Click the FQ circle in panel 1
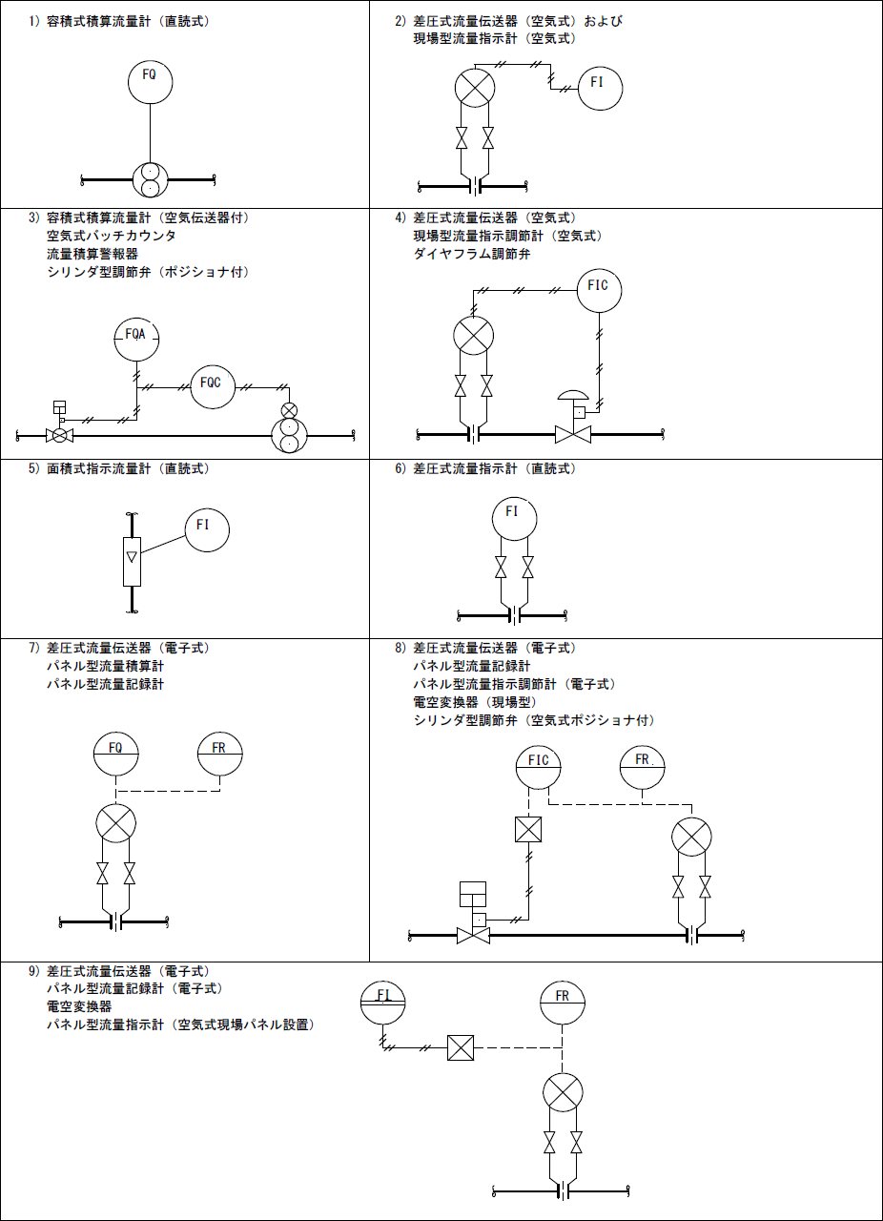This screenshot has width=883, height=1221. [150, 79]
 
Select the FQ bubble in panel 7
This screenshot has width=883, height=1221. [116, 755]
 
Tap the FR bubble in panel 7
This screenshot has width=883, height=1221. [220, 755]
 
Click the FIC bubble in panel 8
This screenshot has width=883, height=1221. [539, 766]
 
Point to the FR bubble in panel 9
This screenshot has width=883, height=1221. [563, 1003]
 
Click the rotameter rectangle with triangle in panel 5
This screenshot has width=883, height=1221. [133, 561]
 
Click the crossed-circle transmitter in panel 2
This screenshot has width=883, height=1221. [474, 88]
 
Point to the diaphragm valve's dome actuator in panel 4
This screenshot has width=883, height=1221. [573, 396]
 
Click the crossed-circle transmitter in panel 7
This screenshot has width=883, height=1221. [115, 823]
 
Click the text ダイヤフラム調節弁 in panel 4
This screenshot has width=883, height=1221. [472, 254]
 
